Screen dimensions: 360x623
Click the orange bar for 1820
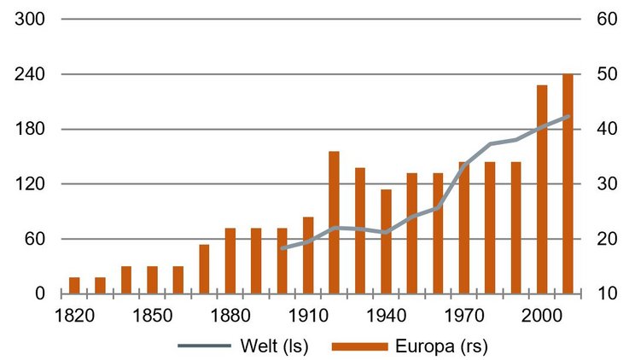pos(74,285)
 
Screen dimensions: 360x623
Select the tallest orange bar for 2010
pos(568,183)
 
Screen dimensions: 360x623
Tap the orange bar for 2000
pos(542,189)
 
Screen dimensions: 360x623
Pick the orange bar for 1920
pos(334,222)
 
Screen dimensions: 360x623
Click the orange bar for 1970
pos(464,228)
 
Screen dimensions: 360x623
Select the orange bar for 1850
pos(152,280)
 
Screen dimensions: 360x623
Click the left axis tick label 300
pos(30,20)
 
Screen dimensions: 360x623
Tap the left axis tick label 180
pos(30,130)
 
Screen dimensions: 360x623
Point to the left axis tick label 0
pos(39,293)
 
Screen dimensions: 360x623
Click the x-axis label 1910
pos(308,316)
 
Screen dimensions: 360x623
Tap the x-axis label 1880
pos(230,316)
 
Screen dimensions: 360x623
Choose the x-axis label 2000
pos(542,316)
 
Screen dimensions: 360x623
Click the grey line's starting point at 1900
pos(282,248)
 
